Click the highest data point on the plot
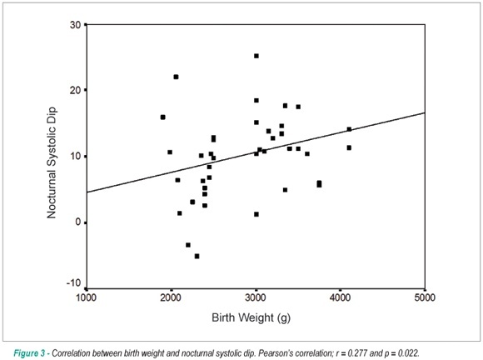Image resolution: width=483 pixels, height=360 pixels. (x=256, y=56)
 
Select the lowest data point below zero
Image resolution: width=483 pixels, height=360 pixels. (x=197, y=256)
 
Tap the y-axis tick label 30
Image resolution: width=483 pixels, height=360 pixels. (x=75, y=25)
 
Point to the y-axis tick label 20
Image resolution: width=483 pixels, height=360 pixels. (x=75, y=90)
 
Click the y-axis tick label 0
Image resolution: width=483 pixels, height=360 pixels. (x=77, y=222)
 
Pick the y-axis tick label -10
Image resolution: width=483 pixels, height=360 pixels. (x=73, y=283)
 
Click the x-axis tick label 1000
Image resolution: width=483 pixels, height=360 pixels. (x=87, y=297)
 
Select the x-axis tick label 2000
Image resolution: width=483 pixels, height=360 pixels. (x=171, y=297)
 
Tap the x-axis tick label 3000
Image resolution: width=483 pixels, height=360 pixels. (x=256, y=297)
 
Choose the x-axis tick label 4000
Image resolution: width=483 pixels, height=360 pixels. (x=340, y=297)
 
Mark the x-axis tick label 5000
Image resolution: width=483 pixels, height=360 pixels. (x=425, y=297)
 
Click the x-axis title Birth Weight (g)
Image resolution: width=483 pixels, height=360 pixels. (x=251, y=317)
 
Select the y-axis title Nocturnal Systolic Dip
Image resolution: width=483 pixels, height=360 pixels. (x=51, y=162)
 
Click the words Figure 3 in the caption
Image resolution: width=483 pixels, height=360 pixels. (x=29, y=352)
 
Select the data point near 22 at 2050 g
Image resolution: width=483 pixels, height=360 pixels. (x=176, y=77)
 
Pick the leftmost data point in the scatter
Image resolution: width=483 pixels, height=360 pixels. (x=162, y=117)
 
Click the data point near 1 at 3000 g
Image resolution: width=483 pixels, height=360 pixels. (x=256, y=214)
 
